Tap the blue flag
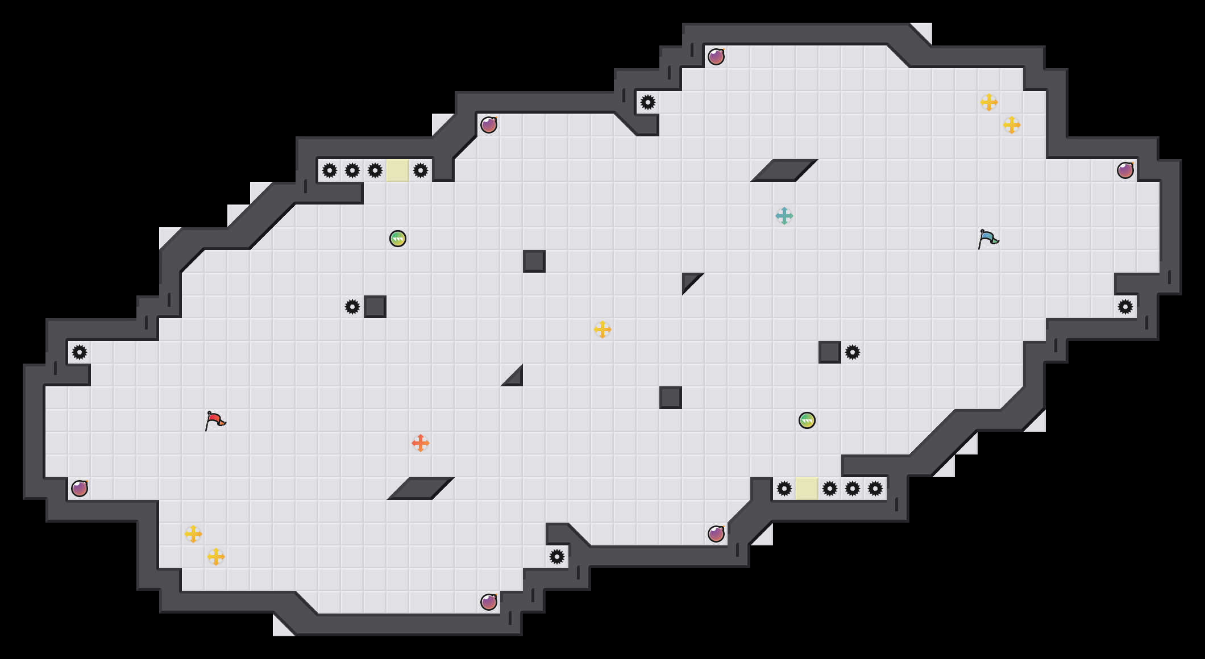pos(988,239)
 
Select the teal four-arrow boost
pos(784,216)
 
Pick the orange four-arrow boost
pos(421,443)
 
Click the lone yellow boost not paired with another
pos(602,330)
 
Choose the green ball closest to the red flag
pos(398,239)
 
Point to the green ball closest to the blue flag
pos(807,420)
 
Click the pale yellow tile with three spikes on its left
pos(398,170)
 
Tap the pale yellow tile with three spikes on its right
pos(807,489)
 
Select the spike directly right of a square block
pos(853,352)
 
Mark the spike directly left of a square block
pos(352,307)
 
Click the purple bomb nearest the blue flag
pos(1125,170)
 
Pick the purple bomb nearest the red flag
pos(80,489)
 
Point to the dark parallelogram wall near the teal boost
pos(784,170)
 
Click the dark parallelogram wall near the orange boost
pos(421,489)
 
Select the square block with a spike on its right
pos(830,352)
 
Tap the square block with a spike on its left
pos(375,307)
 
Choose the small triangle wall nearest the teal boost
pos(689,280)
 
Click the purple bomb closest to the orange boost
pos(489,602)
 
